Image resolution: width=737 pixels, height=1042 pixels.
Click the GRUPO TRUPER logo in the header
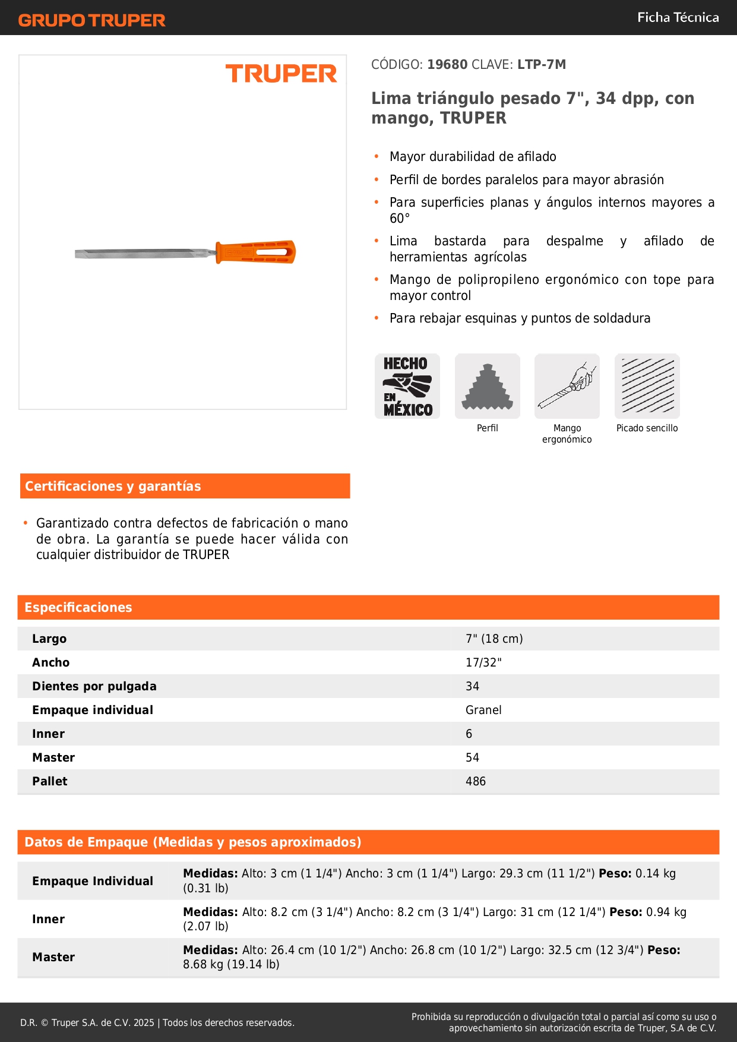click(91, 20)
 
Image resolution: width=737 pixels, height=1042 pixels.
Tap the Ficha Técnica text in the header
click(678, 17)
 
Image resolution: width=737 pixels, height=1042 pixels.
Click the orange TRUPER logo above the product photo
click(281, 74)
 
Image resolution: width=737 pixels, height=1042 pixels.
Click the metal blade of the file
click(143, 254)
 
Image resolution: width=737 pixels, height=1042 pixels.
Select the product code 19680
click(447, 64)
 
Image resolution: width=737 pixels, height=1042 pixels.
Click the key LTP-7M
click(541, 64)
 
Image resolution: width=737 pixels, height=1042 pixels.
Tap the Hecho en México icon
click(407, 386)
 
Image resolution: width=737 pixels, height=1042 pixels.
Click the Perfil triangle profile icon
click(488, 386)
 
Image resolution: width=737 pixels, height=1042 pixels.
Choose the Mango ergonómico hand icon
click(567, 386)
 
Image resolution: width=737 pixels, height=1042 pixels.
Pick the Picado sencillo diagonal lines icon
click(647, 386)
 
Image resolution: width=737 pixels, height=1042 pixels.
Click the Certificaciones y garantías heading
click(113, 486)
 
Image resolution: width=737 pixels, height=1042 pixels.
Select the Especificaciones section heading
click(78, 607)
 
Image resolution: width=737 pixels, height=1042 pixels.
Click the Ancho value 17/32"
click(483, 662)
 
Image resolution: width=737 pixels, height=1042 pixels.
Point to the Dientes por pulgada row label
click(94, 686)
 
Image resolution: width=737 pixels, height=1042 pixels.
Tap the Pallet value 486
click(476, 781)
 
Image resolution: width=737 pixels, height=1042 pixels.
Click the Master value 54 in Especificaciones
click(472, 757)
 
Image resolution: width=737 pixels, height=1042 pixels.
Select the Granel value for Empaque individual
click(483, 710)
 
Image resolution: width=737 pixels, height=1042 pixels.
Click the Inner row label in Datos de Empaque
click(48, 919)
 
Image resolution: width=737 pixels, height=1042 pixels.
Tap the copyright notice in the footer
click(157, 1022)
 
